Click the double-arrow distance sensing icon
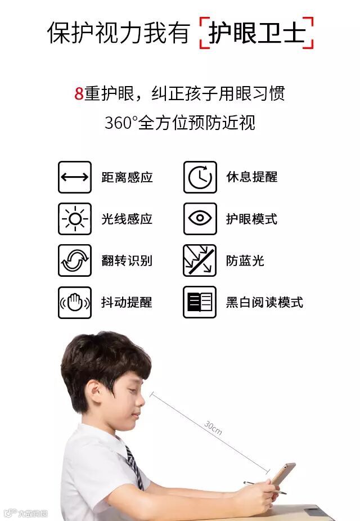75,177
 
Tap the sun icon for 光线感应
75,219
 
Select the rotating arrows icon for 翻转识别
75,260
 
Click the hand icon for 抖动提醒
75,302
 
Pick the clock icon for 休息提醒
200,177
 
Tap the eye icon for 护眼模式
200,219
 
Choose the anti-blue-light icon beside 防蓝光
200,260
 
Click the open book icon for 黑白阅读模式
200,302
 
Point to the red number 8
79,93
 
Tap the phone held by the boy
282,473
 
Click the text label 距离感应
127,177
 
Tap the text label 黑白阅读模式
264,302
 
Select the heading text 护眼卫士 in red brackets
256,33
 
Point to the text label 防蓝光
245,261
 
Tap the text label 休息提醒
252,177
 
